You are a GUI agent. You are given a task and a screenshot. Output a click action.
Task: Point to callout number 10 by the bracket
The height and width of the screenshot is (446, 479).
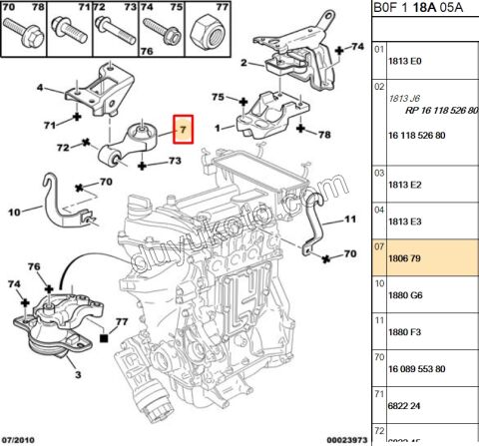click(x=13, y=212)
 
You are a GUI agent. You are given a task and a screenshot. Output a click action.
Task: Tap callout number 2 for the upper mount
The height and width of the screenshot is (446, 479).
click(x=243, y=63)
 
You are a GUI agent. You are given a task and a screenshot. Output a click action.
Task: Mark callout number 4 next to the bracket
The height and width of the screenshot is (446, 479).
click(x=40, y=89)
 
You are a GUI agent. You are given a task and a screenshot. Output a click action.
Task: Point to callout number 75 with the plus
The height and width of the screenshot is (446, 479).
click(x=217, y=98)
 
